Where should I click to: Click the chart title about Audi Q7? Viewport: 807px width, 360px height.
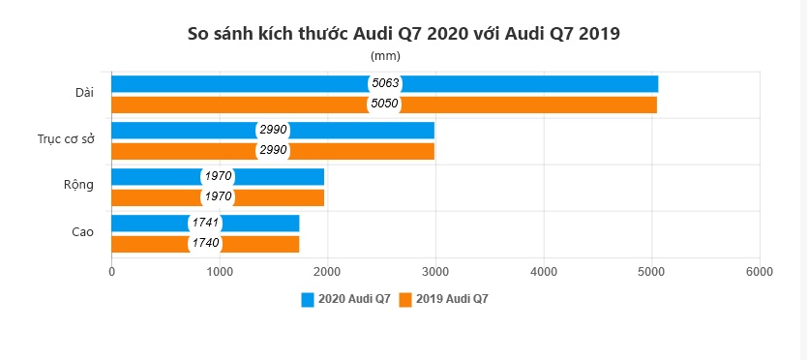tap(403, 33)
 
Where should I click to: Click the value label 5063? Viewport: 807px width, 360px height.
tap(385, 83)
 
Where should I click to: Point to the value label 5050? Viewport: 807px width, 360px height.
tap(385, 105)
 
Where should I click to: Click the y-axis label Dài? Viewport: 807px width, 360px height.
tap(84, 93)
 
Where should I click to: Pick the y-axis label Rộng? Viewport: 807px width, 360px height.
tap(79, 185)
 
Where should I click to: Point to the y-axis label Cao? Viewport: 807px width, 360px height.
tap(82, 232)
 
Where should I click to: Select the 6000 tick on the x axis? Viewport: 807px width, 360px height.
tap(760, 272)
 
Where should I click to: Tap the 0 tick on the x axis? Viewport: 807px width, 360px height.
tap(112, 272)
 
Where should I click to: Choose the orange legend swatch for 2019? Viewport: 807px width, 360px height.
tap(406, 299)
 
